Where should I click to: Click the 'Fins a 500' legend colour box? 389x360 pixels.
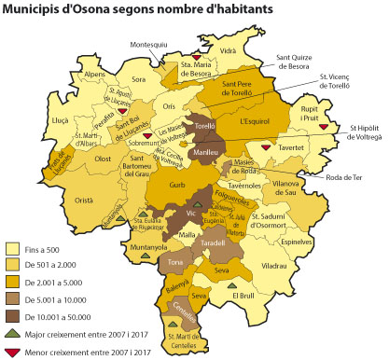[13, 250]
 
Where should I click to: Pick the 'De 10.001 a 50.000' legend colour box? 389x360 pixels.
[13, 316]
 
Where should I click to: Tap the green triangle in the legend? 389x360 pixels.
[13, 333]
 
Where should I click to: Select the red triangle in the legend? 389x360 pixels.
[13, 351]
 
